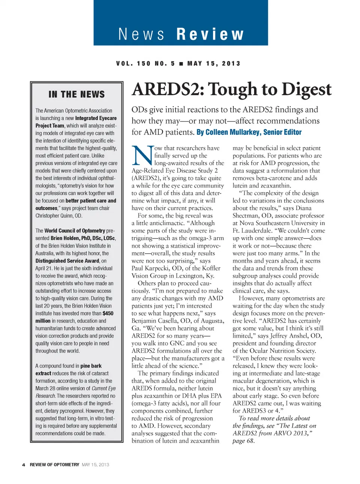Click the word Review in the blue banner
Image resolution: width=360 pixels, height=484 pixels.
[210, 35]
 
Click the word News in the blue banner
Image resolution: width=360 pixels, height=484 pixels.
[141, 35]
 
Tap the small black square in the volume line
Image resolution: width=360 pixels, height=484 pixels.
[181, 64]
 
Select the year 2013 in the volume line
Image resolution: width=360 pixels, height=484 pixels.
[231, 64]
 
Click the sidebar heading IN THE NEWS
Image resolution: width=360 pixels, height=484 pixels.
[76, 94]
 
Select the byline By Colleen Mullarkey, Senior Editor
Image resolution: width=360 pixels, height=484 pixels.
[249, 132]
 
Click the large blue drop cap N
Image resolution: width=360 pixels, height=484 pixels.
[142, 155]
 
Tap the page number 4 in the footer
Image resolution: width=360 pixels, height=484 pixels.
[24, 465]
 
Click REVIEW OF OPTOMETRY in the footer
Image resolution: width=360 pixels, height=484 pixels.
[54, 465]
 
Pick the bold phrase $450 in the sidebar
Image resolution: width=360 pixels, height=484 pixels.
[108, 313]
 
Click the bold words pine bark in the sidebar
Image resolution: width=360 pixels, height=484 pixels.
[91, 366]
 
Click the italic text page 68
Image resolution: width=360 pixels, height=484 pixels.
[243, 441]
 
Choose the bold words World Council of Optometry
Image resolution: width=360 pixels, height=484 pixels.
[75, 231]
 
